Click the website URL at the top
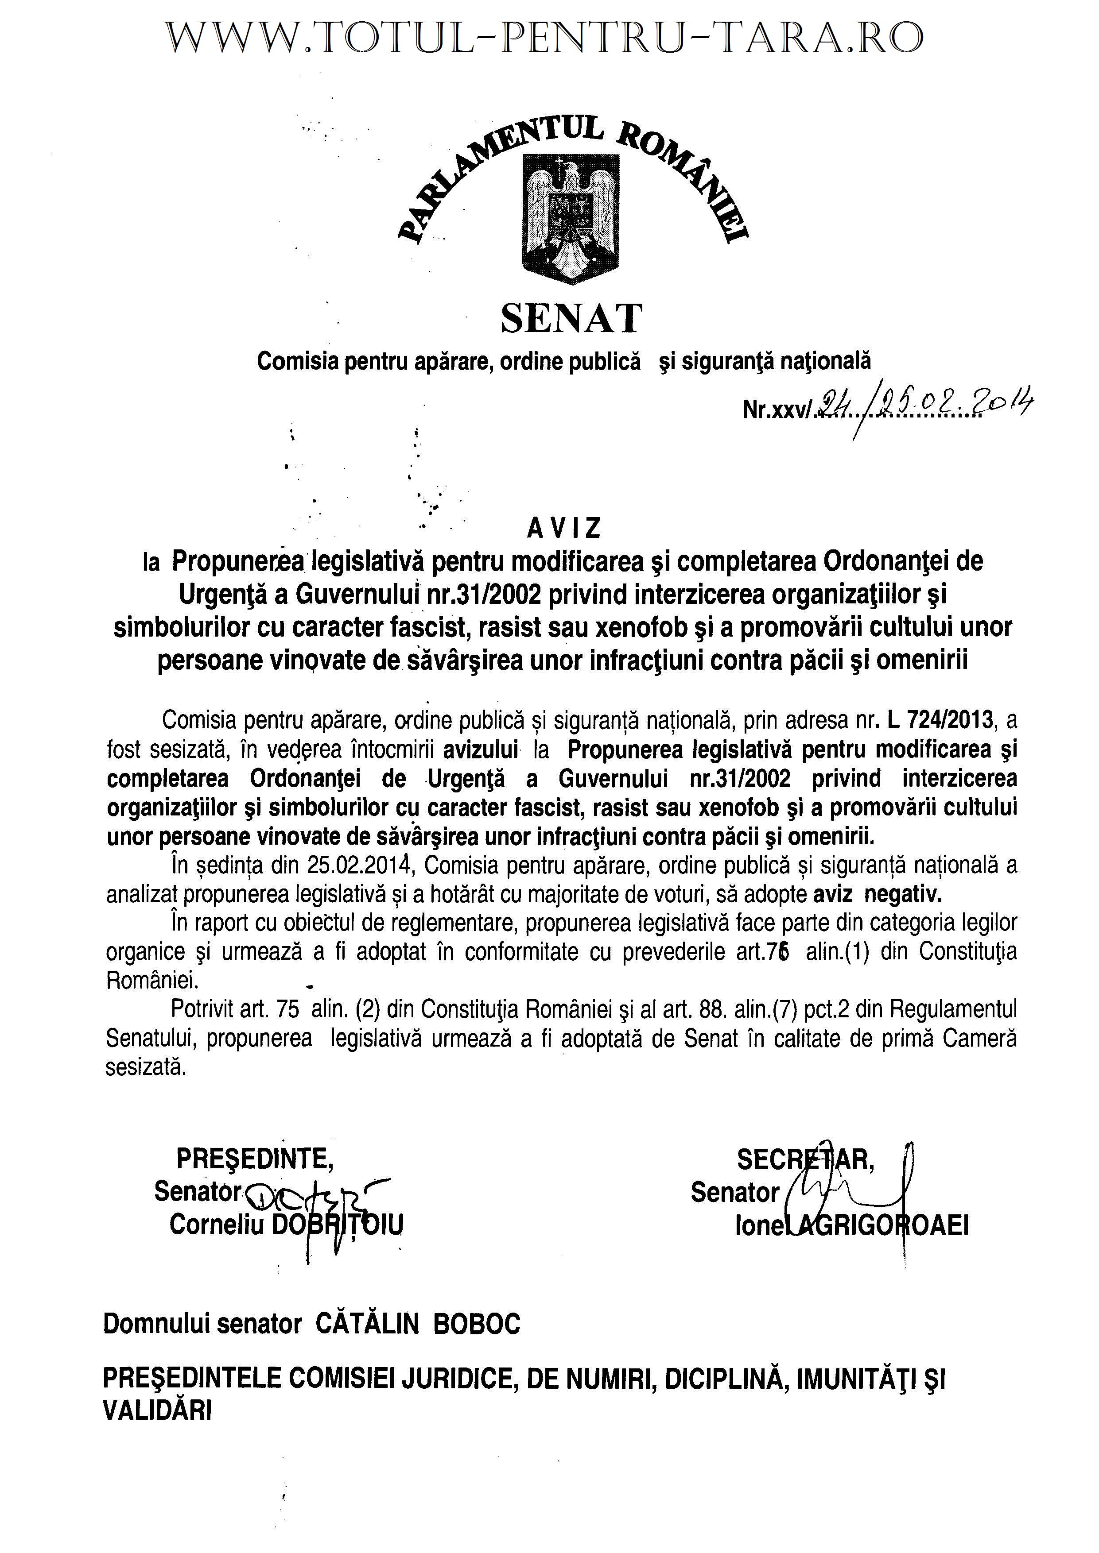click(545, 39)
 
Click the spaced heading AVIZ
click(564, 528)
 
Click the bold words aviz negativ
click(876, 894)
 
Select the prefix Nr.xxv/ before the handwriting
click(777, 409)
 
